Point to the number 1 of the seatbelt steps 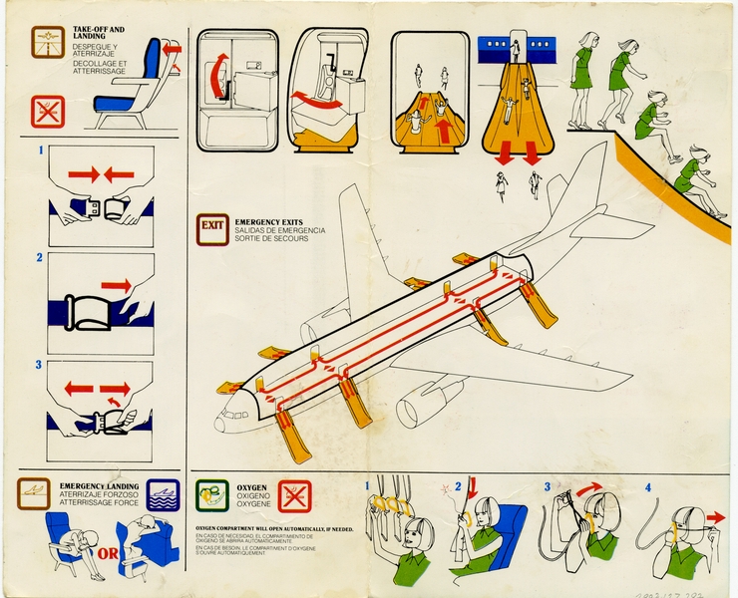[x=40, y=152]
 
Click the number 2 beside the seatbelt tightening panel [x=40, y=258]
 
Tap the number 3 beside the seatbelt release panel [x=40, y=365]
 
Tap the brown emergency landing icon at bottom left [x=33, y=492]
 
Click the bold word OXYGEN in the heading [x=252, y=488]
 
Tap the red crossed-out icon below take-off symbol [x=47, y=112]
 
